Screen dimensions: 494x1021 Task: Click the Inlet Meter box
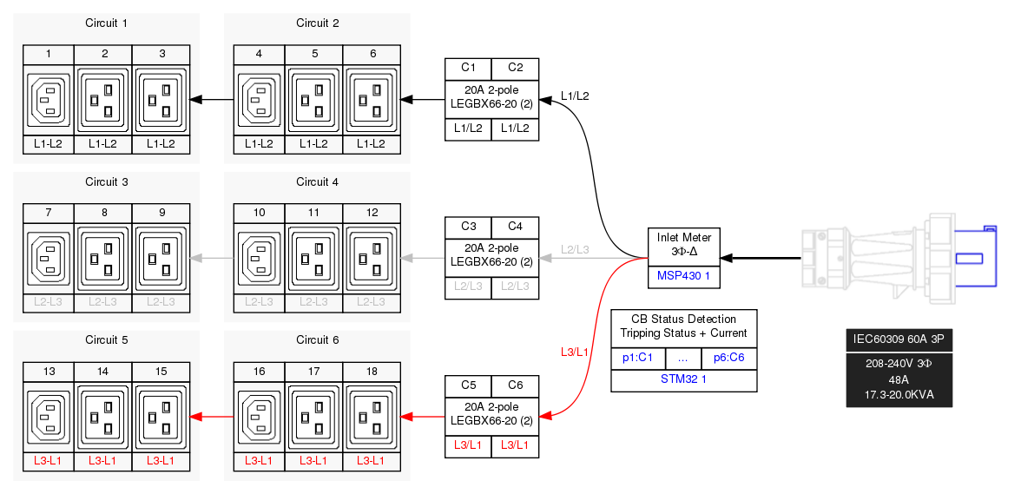click(x=683, y=244)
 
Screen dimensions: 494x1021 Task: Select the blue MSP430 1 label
click(x=683, y=276)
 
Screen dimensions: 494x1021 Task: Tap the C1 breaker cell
click(x=468, y=68)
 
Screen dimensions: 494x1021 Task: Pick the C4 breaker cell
click(x=515, y=227)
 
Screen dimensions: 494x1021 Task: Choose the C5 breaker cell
click(x=468, y=385)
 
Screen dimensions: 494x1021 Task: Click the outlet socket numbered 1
click(x=49, y=101)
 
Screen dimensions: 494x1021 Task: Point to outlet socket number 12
click(x=372, y=259)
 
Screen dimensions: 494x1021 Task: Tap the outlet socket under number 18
click(x=372, y=418)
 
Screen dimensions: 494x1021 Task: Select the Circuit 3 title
click(x=107, y=182)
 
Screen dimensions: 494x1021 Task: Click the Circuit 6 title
click(x=317, y=340)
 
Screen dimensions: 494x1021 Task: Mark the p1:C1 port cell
click(x=638, y=358)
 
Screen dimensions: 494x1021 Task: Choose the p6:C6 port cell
click(x=728, y=358)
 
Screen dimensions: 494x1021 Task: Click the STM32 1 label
click(x=683, y=379)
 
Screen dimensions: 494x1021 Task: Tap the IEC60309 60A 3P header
click(x=899, y=339)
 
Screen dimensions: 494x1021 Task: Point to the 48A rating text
click(x=899, y=379)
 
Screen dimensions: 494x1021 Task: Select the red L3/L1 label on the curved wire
click(x=575, y=352)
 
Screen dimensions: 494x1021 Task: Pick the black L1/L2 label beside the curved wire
click(x=575, y=96)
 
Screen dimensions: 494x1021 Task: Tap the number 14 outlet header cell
click(x=102, y=372)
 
